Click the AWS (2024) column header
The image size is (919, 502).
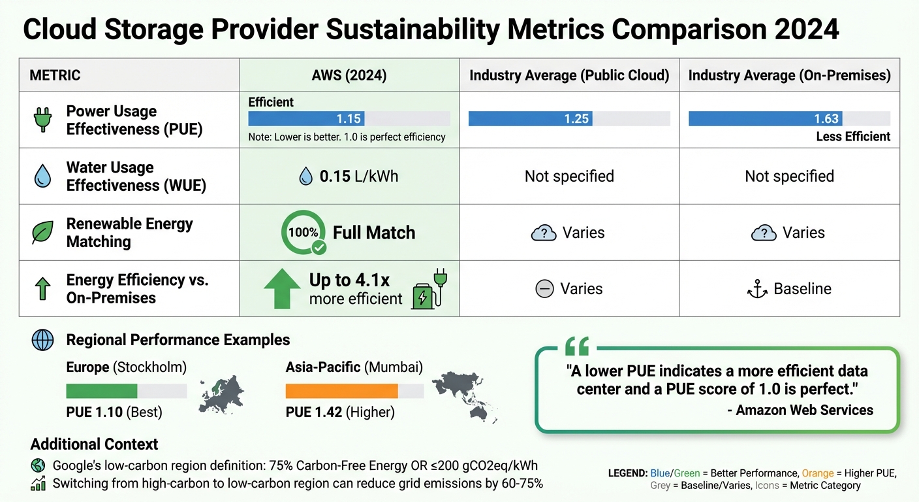pyautogui.click(x=349, y=75)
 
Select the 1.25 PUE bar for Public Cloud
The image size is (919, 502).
pyautogui.click(x=530, y=118)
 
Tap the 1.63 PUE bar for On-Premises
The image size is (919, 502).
pyautogui.click(x=765, y=118)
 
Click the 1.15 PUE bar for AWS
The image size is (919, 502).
pyautogui.click(x=306, y=118)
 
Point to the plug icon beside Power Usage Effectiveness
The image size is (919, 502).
pyautogui.click(x=42, y=120)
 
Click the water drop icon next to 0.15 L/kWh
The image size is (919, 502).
pyautogui.click(x=305, y=176)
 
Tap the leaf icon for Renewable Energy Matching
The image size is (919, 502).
pyautogui.click(x=42, y=233)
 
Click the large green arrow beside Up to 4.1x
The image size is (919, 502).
pyautogui.click(x=281, y=288)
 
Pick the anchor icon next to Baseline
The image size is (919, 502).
pyautogui.click(x=757, y=289)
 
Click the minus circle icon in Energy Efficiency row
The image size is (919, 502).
pyautogui.click(x=544, y=289)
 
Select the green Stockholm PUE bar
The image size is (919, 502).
pyautogui.click(x=102, y=391)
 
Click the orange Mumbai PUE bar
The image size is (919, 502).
pyautogui.click(x=342, y=391)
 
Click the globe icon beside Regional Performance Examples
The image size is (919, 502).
pyautogui.click(x=42, y=341)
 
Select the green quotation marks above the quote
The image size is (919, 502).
pyautogui.click(x=577, y=346)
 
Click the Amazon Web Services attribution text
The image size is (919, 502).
pyautogui.click(x=804, y=410)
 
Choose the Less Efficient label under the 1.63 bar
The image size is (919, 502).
pyautogui.click(x=853, y=137)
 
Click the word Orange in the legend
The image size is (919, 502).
pyautogui.click(x=817, y=473)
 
